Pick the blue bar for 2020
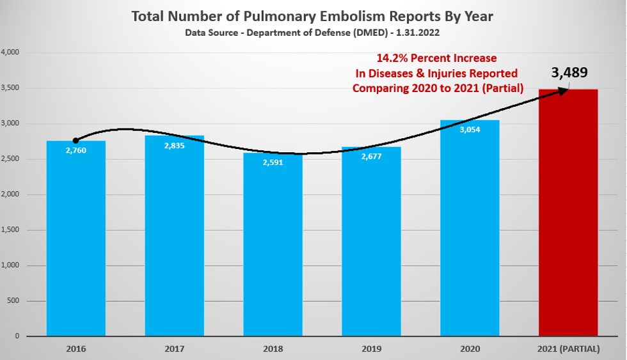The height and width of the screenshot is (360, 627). coord(470,230)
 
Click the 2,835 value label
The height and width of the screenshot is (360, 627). coord(174,145)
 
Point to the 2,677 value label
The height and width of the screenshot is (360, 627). coord(371,157)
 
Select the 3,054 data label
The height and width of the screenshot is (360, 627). coord(470,130)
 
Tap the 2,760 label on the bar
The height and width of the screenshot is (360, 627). coord(75,150)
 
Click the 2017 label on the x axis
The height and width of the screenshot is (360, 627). coord(174,348)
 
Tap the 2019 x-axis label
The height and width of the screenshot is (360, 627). coord(371,348)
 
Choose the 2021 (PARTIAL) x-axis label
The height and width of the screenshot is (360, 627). coord(568,348)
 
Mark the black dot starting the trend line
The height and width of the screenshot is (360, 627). coord(75,141)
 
